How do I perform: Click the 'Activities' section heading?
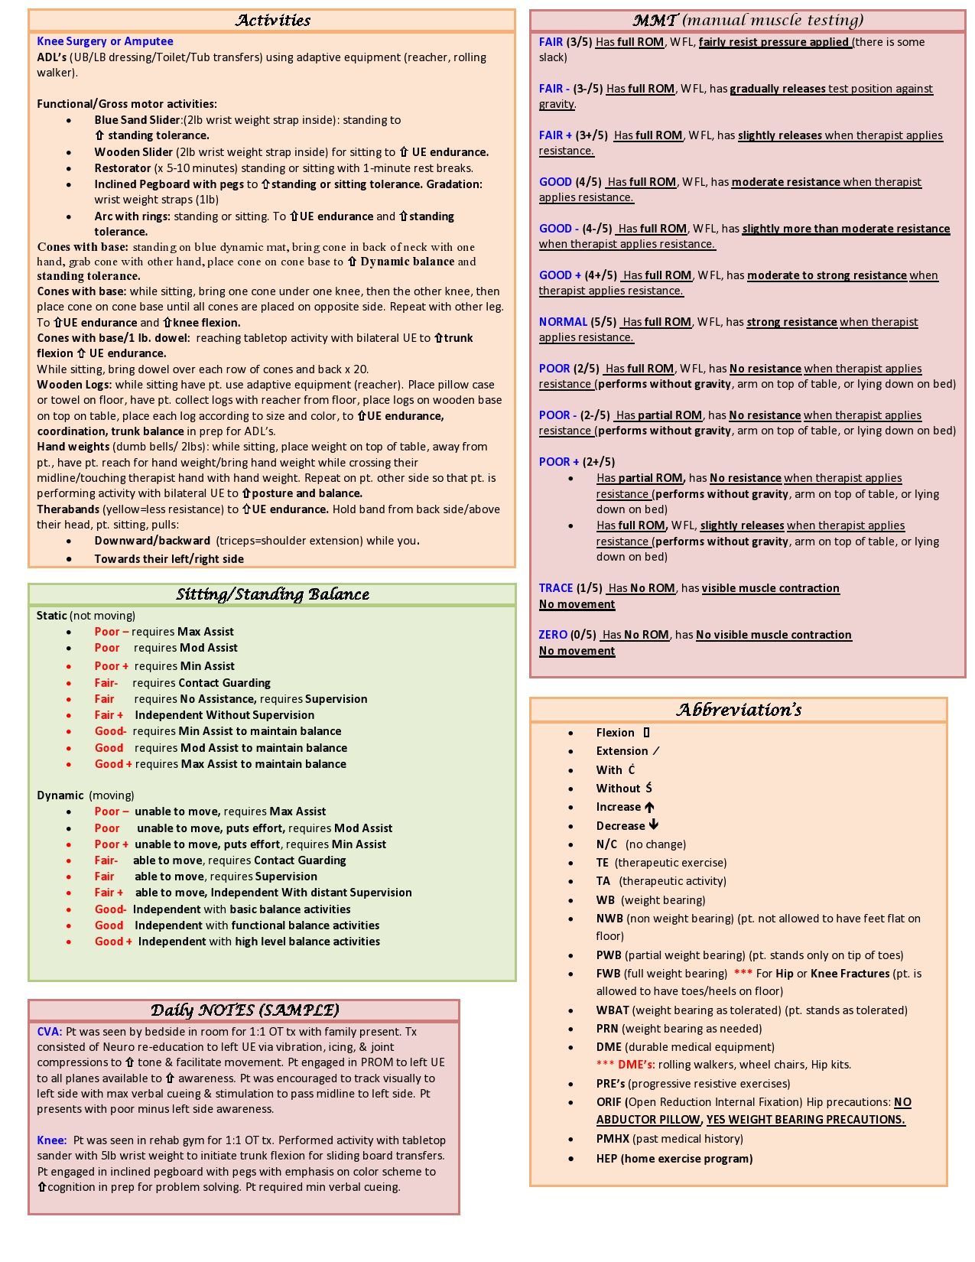coord(272,21)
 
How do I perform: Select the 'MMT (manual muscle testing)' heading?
coord(747,21)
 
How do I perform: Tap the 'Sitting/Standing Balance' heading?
coord(272,594)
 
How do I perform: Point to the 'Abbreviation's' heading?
coord(739,710)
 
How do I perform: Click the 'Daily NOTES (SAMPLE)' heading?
coord(244,1010)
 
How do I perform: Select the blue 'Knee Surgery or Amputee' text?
coord(105,41)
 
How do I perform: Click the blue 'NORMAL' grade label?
coord(563,322)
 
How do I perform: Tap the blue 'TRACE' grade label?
coord(556,588)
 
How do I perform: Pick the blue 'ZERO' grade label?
coord(553,635)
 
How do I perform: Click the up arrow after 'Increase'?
coord(649,807)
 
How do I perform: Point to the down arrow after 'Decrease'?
coord(653,825)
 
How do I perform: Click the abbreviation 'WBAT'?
coord(613,1010)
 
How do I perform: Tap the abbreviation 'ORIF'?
coord(609,1102)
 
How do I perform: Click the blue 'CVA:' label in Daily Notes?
coord(50,1032)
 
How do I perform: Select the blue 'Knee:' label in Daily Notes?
coord(52,1140)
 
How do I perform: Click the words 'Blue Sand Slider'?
coord(138,120)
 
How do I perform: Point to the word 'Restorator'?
coord(122,168)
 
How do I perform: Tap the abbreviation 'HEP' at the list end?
coord(607,1159)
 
